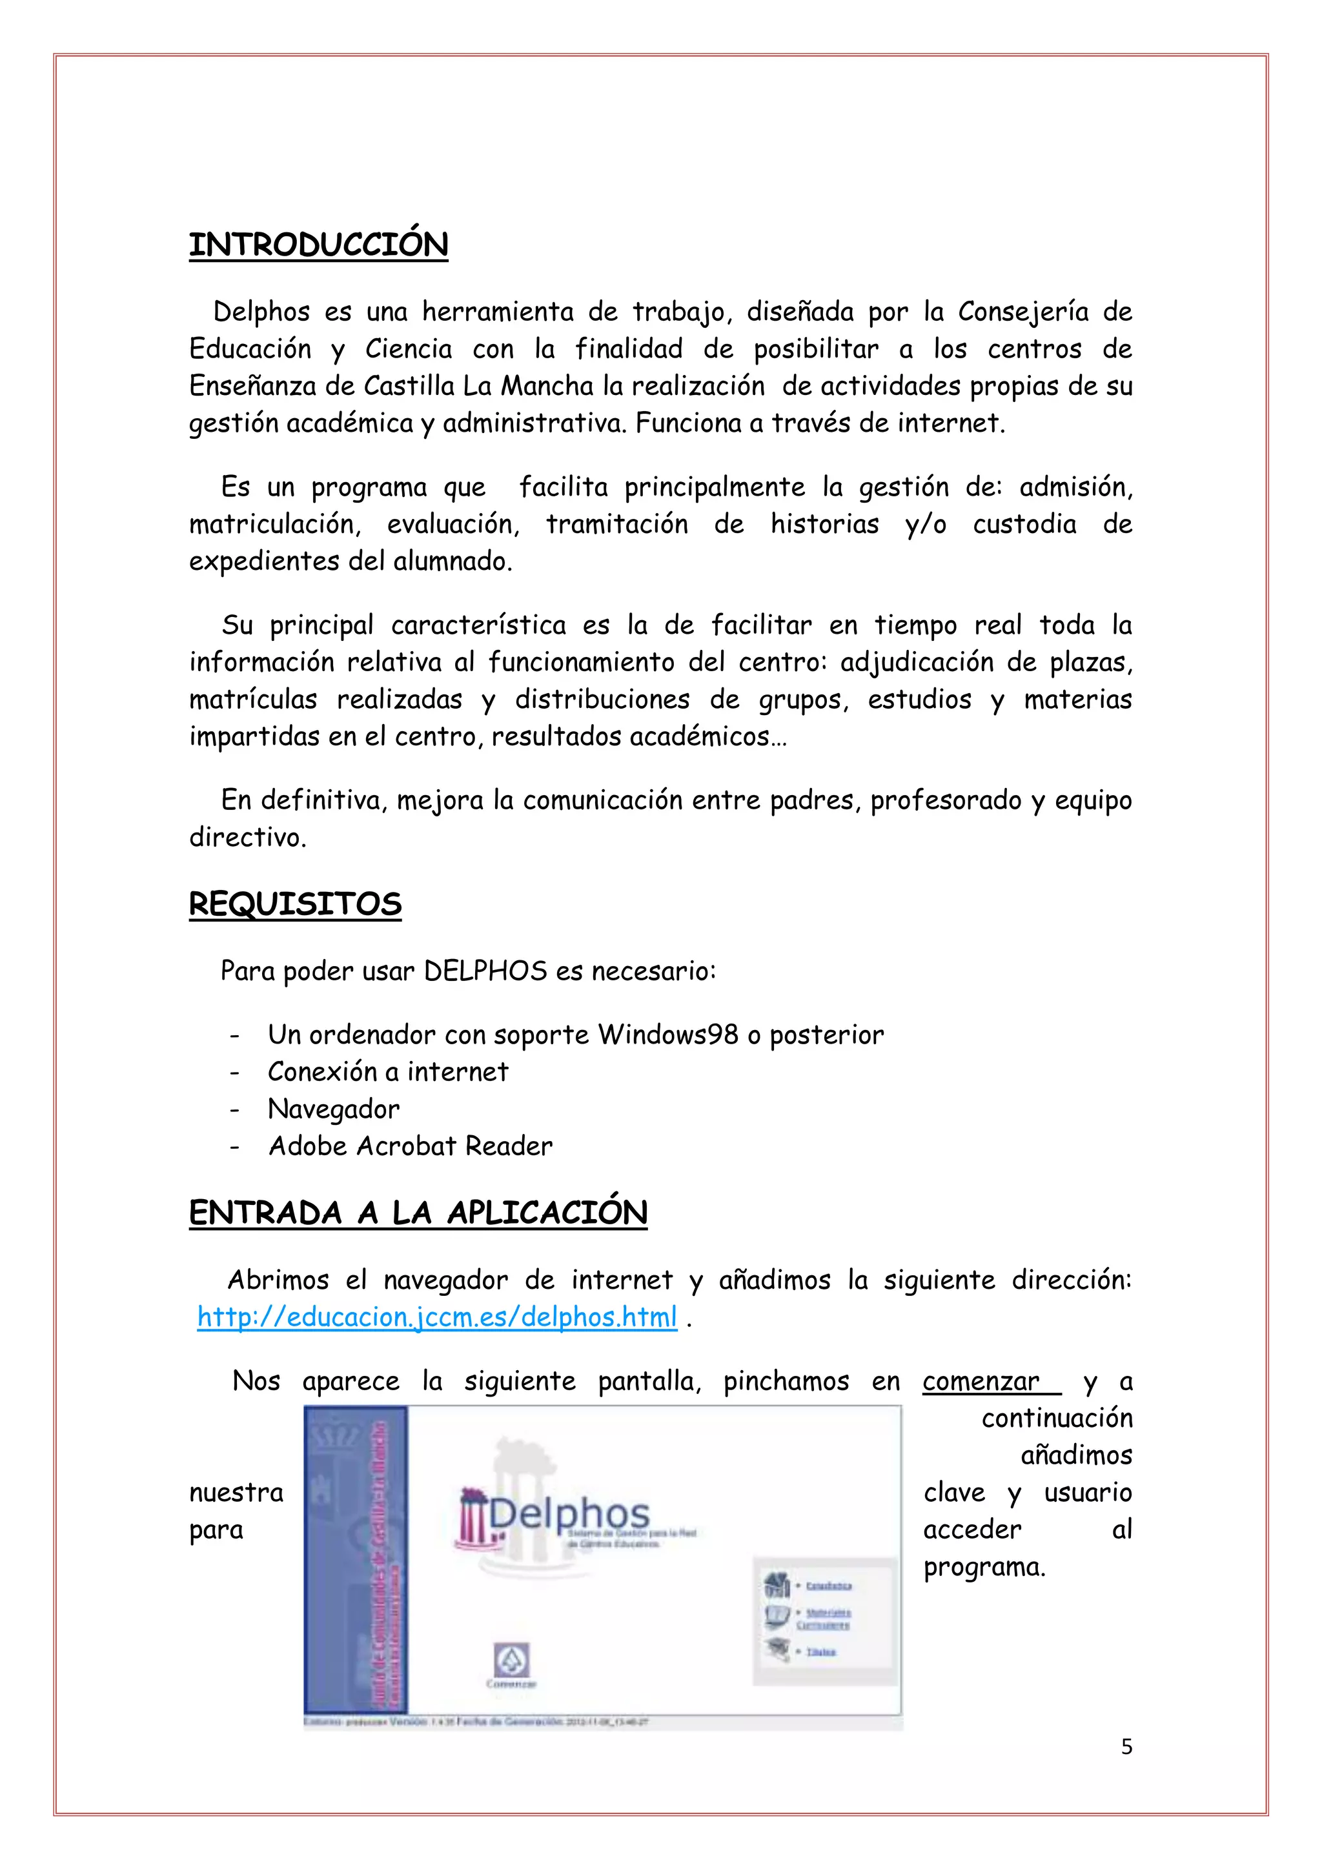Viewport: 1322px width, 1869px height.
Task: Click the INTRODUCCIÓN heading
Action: (x=318, y=244)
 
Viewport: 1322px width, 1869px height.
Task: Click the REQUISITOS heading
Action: (x=295, y=904)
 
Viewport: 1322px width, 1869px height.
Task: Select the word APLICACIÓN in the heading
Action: (x=547, y=1212)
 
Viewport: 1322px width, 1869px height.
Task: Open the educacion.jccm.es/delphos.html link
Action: (x=437, y=1317)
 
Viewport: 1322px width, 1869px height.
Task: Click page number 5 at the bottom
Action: (x=1126, y=1746)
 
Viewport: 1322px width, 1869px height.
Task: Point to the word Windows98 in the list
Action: (x=667, y=1035)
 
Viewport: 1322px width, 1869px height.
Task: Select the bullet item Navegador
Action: (x=334, y=1109)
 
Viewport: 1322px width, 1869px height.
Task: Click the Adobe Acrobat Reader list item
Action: (x=411, y=1146)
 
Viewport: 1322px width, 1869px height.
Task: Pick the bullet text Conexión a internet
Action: (x=387, y=1072)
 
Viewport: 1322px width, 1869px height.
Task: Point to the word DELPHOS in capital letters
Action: (x=486, y=971)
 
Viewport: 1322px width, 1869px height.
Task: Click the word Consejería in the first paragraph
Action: (x=1022, y=312)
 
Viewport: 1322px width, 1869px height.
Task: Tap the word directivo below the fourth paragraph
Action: (x=247, y=837)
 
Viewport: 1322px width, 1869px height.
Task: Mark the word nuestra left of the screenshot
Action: (x=236, y=1492)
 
